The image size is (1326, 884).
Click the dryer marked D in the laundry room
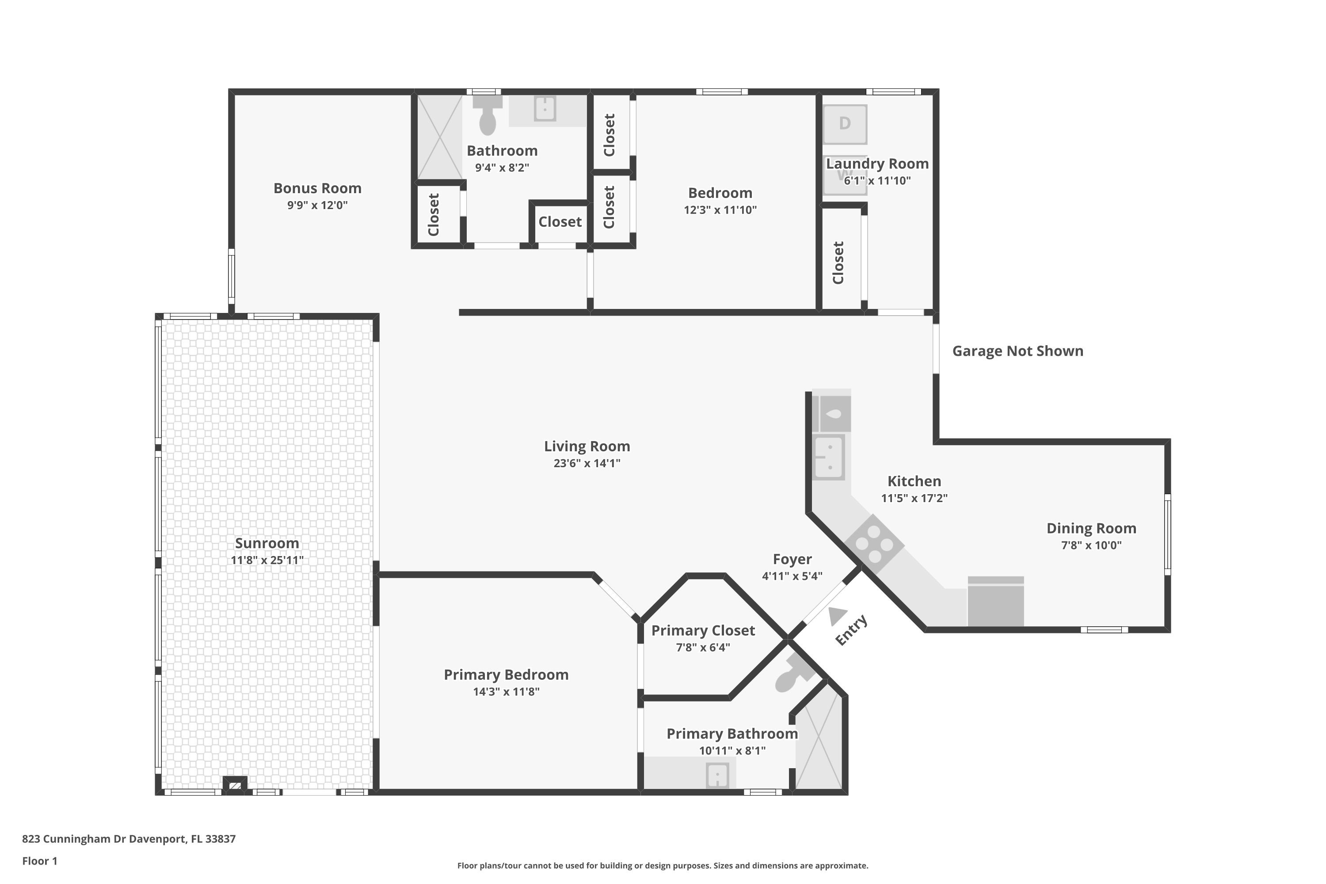[845, 124]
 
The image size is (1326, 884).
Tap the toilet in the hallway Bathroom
[488, 115]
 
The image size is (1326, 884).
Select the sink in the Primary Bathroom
[717, 775]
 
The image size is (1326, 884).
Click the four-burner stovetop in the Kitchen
[874, 544]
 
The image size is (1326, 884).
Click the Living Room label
[587, 446]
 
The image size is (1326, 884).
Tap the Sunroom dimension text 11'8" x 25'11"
[267, 560]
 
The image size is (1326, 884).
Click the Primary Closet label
[703, 630]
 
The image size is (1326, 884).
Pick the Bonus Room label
[317, 188]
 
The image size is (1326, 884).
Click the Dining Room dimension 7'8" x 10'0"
[1091, 545]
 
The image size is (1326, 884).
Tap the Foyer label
[792, 559]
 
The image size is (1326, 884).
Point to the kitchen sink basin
[829, 457]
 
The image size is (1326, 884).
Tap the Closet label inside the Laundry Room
[838, 263]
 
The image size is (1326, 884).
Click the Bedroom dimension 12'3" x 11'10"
[720, 210]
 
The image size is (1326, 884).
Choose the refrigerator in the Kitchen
[996, 601]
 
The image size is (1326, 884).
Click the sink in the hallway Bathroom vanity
[545, 108]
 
